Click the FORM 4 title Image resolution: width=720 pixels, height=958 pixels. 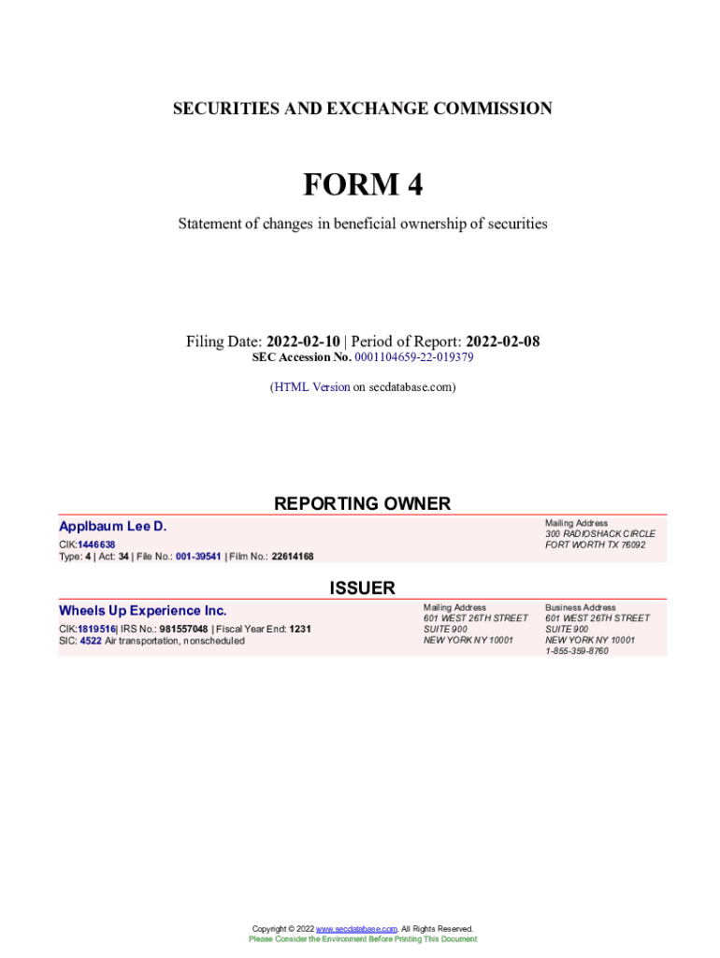[x=363, y=185]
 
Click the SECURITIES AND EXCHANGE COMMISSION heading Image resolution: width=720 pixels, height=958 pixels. [x=363, y=109]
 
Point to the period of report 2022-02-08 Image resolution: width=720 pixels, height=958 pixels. [x=502, y=341]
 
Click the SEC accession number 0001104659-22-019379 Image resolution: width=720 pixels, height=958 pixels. [x=414, y=357]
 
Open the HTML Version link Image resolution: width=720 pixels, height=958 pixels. [x=311, y=386]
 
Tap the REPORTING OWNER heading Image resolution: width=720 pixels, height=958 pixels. [x=362, y=504]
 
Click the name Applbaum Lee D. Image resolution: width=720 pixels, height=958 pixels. [x=113, y=527]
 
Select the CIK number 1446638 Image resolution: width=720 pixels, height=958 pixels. [x=96, y=544]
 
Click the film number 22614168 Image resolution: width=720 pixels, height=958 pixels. [x=293, y=557]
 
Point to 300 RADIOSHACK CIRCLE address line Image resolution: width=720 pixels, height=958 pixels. [x=600, y=534]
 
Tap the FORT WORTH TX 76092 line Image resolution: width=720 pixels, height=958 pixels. [x=595, y=545]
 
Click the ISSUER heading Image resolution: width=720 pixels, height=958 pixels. [x=362, y=588]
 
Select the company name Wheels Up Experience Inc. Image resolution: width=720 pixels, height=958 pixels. [x=143, y=611]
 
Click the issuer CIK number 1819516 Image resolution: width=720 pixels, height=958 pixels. [x=96, y=630]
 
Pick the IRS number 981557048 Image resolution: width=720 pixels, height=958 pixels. [x=183, y=630]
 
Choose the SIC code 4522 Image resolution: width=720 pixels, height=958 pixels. [x=91, y=641]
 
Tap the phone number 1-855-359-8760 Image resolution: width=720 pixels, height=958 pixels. [x=577, y=651]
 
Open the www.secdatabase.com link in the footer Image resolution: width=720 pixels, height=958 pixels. [x=357, y=929]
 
